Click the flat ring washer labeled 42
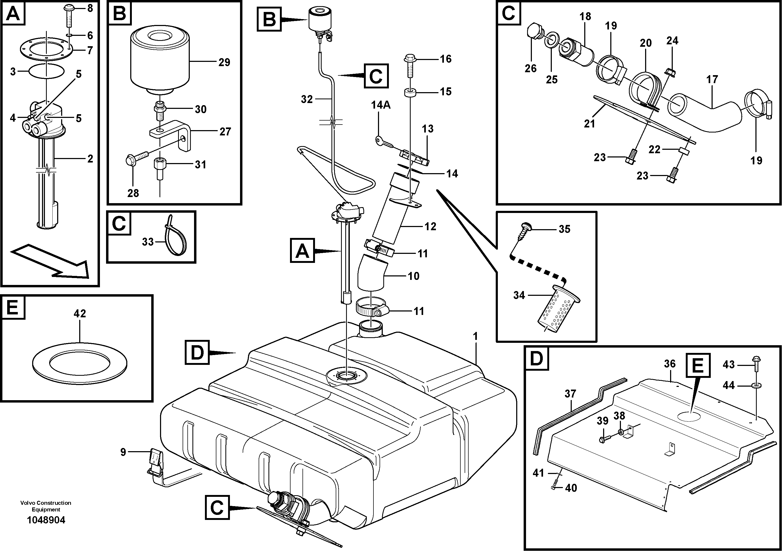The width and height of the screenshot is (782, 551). click(80, 364)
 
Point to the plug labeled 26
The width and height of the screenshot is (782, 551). click(533, 33)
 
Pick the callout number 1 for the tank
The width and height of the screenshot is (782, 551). click(476, 337)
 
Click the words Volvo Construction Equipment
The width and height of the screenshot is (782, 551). click(46, 506)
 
